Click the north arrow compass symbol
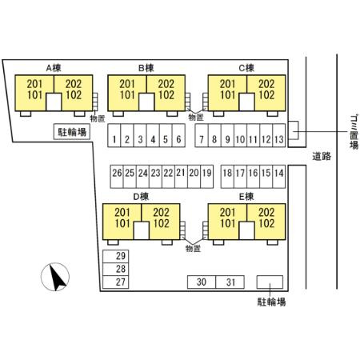pos(55,277)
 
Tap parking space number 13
pos(279,135)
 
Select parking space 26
pos(117,177)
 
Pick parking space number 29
pos(116,256)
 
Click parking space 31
pos(230,282)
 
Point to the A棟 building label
pos(54,68)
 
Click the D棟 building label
pos(141,197)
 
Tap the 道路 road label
pos(322,156)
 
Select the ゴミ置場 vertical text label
pos(354,132)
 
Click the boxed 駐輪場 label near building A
pos(72,131)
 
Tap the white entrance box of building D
pos(142,230)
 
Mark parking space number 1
pos(114,135)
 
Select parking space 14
pos(279,177)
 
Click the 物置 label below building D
pos(193,249)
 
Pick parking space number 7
pos(202,135)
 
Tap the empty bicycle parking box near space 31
pos(270,282)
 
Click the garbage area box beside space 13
pos(294,130)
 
